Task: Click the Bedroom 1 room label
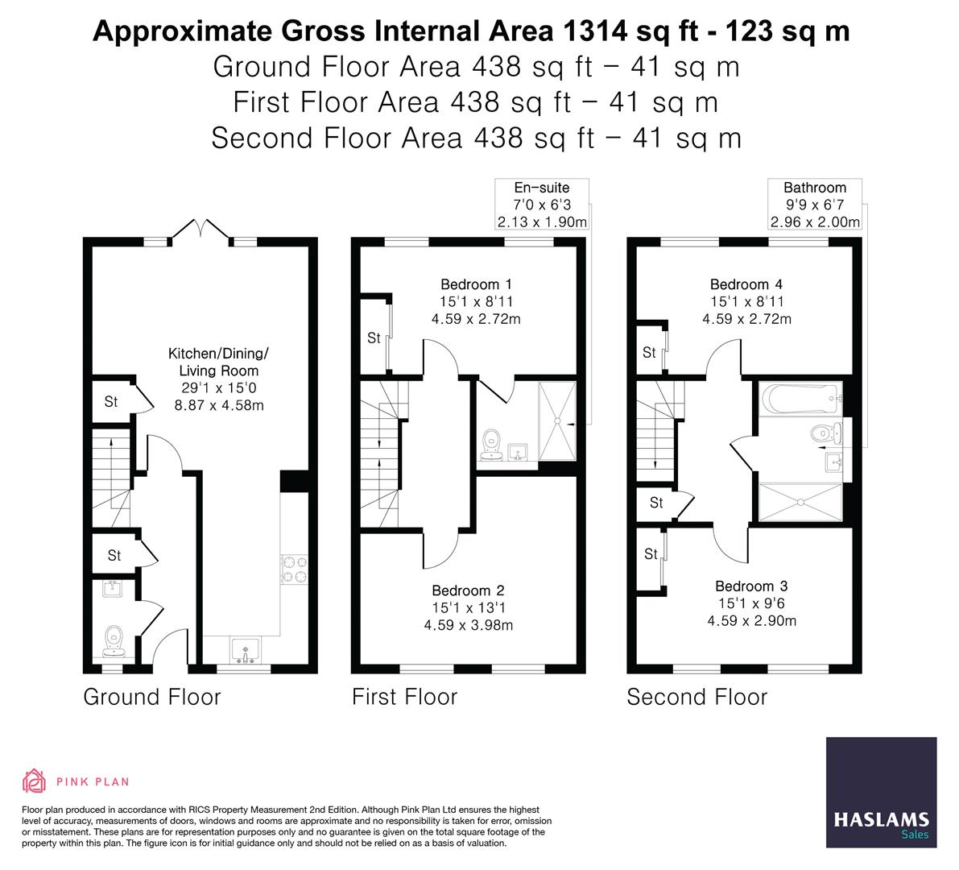tap(476, 284)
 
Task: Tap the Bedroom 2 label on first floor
tap(468, 590)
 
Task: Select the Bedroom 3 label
tap(751, 586)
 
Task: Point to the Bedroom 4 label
tap(746, 284)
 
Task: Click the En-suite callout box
tap(541, 205)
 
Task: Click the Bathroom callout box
tap(814, 205)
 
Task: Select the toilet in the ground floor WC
tap(115, 640)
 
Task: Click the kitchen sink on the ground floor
tap(242, 649)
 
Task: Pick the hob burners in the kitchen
tap(294, 569)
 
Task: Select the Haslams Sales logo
tap(881, 793)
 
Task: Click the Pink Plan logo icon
tap(35, 781)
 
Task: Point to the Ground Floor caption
tap(151, 697)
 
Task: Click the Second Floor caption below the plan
tap(697, 697)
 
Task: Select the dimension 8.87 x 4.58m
tap(219, 405)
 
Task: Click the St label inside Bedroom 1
tap(374, 338)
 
